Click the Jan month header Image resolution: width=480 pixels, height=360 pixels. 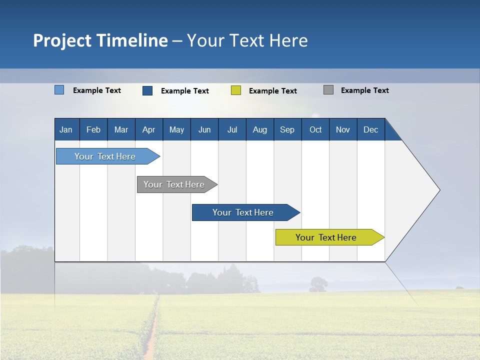(x=66, y=129)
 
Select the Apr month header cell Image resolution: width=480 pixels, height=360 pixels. (x=149, y=129)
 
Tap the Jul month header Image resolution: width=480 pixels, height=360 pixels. (x=232, y=129)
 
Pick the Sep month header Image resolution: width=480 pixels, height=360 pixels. (x=287, y=129)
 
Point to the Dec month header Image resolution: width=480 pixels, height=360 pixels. (x=370, y=129)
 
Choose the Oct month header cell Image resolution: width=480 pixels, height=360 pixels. (x=315, y=129)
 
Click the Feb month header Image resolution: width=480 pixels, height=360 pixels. (x=93, y=129)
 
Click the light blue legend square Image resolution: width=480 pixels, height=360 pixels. (x=59, y=90)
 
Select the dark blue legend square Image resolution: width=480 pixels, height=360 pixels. (x=147, y=90)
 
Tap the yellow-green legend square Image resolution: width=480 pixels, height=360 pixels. (x=236, y=90)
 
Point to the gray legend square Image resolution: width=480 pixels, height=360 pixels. (x=328, y=90)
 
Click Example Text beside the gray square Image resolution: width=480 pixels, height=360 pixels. (x=364, y=90)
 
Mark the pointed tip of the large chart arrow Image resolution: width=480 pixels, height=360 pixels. (x=439, y=190)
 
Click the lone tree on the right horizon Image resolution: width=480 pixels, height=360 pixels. (x=318, y=284)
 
